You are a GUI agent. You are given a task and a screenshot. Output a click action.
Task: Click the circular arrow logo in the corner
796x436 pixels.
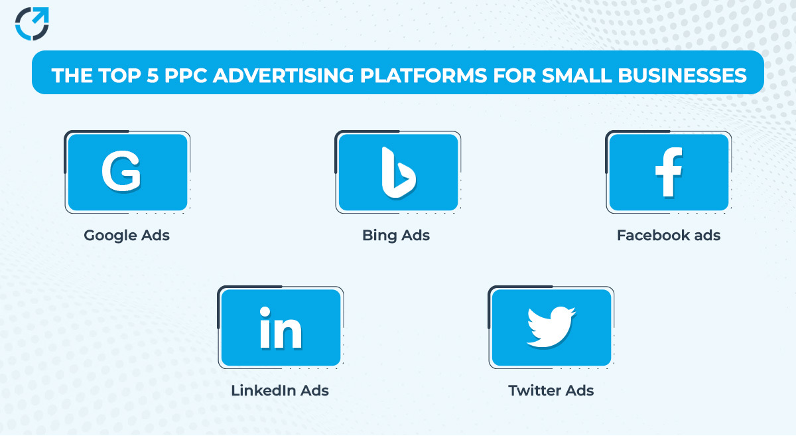pyautogui.click(x=32, y=24)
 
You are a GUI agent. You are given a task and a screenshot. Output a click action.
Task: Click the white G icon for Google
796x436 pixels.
pyautogui.click(x=121, y=171)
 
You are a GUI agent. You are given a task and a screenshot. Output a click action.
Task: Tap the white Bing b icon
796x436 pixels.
pyautogui.click(x=398, y=173)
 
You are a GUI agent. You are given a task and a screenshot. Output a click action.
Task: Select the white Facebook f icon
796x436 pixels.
pyautogui.click(x=668, y=172)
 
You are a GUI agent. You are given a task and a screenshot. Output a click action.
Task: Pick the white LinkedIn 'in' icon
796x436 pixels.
pyautogui.click(x=280, y=328)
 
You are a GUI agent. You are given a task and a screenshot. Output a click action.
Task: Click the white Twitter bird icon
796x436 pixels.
pyautogui.click(x=551, y=327)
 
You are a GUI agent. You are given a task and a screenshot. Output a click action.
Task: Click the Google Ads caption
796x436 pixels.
pyautogui.click(x=127, y=236)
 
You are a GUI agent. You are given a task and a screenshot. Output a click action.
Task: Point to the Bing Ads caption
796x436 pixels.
pyautogui.click(x=396, y=236)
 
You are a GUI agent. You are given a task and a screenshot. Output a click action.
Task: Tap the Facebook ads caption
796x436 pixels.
pyautogui.click(x=668, y=236)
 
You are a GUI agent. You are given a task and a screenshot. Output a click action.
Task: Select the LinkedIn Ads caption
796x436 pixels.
pyautogui.click(x=280, y=391)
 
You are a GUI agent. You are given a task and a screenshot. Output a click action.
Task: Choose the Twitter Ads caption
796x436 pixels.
pyautogui.click(x=551, y=391)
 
